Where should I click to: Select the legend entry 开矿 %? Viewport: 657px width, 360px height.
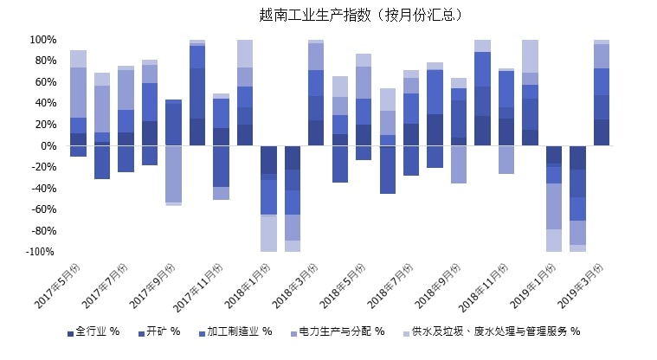tap(162, 331)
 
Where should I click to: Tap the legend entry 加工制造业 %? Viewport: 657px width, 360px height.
tap(236, 331)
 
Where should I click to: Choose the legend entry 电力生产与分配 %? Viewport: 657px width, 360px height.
tap(341, 331)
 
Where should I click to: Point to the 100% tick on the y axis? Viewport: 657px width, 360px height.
tap(42, 40)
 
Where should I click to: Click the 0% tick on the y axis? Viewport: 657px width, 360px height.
tap(48, 146)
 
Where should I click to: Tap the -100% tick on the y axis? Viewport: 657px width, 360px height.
tap(41, 252)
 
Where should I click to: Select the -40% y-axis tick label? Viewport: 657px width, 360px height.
tap(43, 189)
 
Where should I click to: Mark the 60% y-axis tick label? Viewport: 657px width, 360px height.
tap(45, 82)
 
